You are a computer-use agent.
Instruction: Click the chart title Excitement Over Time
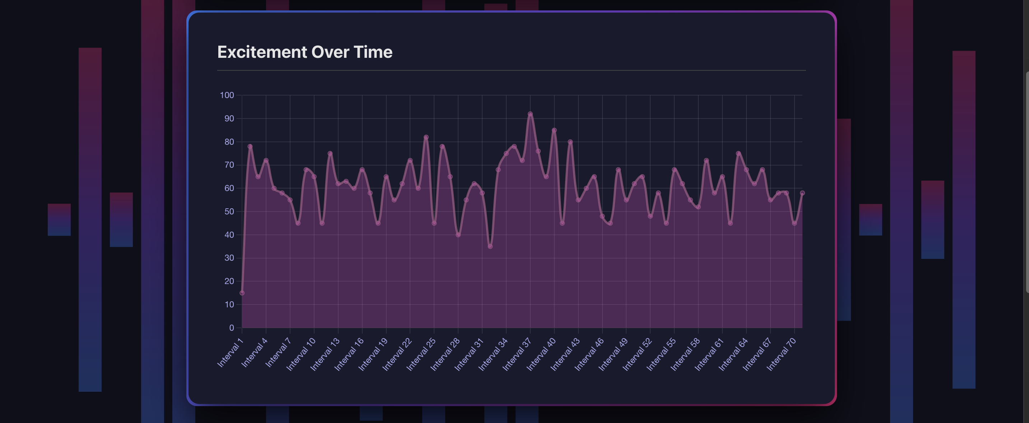(x=305, y=52)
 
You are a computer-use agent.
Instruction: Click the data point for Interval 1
(x=242, y=293)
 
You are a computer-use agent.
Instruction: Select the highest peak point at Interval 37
(x=530, y=114)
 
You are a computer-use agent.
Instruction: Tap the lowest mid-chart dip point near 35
(x=490, y=246)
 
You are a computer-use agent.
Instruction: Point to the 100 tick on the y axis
(x=227, y=95)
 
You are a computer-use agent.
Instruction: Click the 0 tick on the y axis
(x=231, y=328)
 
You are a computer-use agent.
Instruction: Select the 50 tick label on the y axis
(x=229, y=211)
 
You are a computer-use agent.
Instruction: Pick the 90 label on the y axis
(x=229, y=118)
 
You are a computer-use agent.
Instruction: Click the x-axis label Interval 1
(x=231, y=352)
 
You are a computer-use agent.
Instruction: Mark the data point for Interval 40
(x=554, y=130)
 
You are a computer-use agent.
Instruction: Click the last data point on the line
(x=802, y=193)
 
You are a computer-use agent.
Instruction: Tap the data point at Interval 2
(x=250, y=147)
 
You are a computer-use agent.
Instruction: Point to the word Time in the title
(x=373, y=52)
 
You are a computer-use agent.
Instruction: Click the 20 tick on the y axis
(x=229, y=281)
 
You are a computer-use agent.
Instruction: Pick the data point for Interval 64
(x=746, y=170)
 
